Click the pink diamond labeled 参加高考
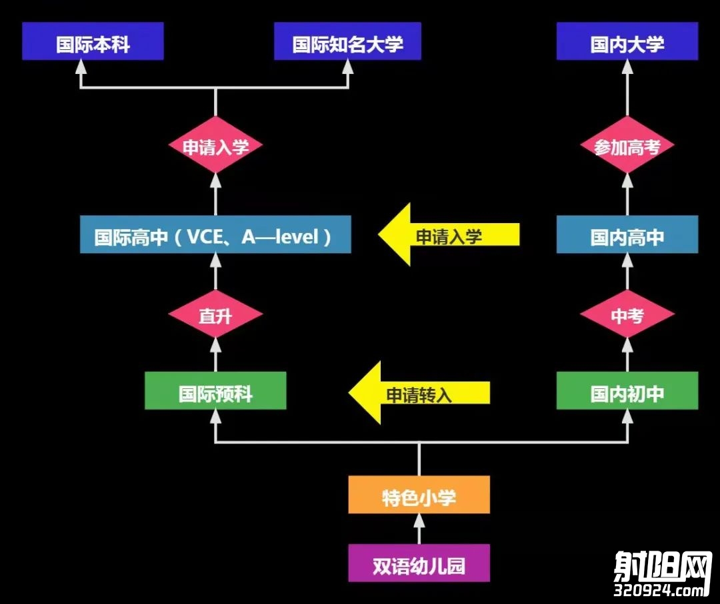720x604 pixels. [x=627, y=145]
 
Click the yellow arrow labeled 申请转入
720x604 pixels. [x=418, y=393]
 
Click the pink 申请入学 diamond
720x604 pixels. [x=215, y=145]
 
